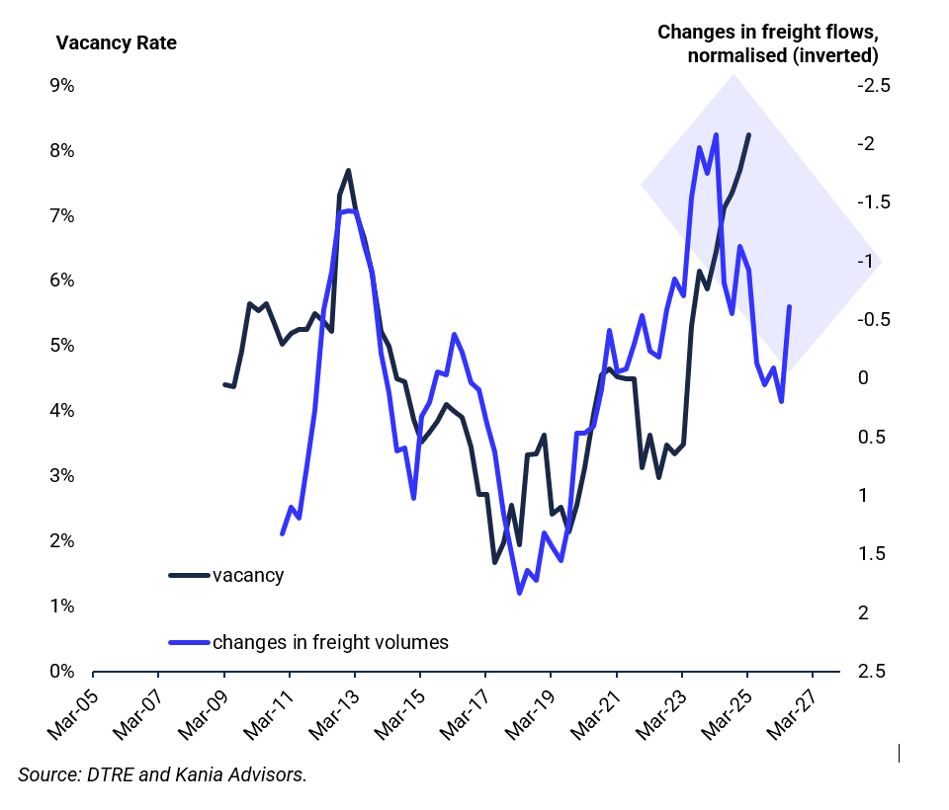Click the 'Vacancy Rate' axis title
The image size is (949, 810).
pos(117,43)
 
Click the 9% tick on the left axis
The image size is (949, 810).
pos(62,86)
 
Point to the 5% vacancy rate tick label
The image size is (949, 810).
pos(62,346)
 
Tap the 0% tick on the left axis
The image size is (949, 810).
pos(62,671)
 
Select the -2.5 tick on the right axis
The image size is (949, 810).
pos(873,86)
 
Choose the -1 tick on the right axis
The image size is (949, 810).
pos(866,262)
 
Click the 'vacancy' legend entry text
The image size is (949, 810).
pos(248,575)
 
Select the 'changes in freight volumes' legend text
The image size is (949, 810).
pos(330,642)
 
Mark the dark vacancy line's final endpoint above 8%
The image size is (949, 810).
pos(748,135)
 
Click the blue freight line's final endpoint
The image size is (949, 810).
pos(789,307)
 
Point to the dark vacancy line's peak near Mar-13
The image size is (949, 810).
pos(348,171)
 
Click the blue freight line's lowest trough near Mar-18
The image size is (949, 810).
pos(519,593)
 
